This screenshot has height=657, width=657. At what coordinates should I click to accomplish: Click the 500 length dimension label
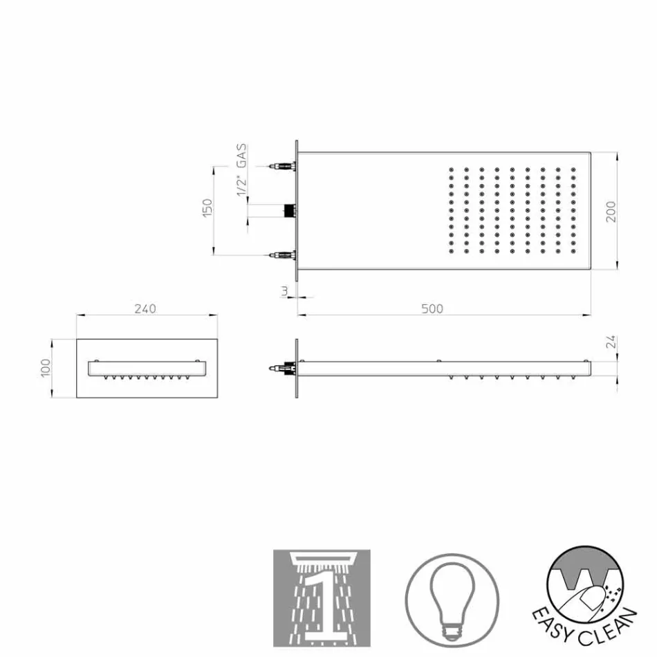tap(432, 308)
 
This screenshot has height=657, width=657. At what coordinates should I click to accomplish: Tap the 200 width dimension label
tap(610, 211)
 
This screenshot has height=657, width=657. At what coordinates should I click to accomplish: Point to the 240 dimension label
tap(145, 308)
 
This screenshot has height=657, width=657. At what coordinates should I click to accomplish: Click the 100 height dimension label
tap(45, 368)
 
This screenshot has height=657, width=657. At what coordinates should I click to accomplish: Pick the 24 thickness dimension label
tap(610, 342)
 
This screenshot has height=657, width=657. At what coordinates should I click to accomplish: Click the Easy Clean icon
tap(590, 596)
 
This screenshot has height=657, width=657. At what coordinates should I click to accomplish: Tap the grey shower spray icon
tap(322, 599)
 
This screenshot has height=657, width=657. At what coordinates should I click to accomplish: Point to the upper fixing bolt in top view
tap(282, 166)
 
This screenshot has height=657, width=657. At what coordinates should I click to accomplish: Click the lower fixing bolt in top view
tap(282, 255)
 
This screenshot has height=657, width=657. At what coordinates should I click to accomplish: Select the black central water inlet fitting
tap(289, 210)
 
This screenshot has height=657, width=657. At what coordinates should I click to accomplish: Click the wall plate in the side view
tap(297, 369)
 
